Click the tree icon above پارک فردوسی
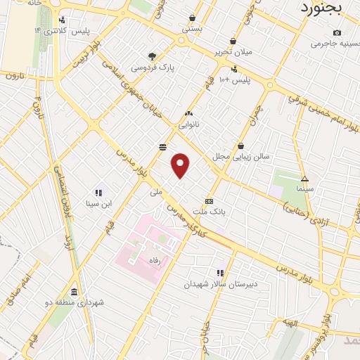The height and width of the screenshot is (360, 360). [151, 56]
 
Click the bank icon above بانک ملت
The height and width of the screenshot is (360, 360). [209, 200]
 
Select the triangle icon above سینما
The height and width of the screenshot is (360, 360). [304, 179]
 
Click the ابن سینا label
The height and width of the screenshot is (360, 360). [98, 205]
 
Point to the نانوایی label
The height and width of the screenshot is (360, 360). [188, 124]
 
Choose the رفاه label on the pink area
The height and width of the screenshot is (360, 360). [154, 260]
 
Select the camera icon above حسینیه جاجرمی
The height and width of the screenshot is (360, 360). [337, 33]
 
